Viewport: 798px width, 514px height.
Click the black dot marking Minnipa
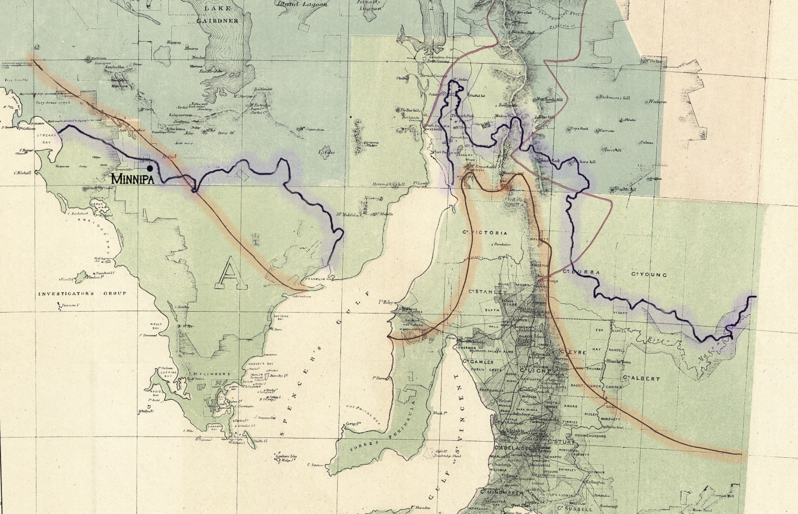pyautogui.click(x=150, y=169)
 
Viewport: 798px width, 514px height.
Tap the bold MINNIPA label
pyautogui.click(x=132, y=179)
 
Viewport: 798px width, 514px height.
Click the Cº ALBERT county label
pyautogui.click(x=642, y=378)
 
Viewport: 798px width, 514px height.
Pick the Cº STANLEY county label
pyautogui.click(x=488, y=292)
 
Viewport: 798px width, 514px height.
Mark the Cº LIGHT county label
pyautogui.click(x=535, y=371)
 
